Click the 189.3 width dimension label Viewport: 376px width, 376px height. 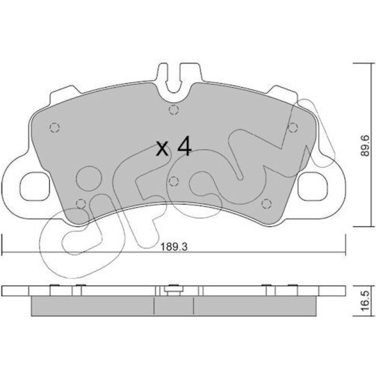point(173,247)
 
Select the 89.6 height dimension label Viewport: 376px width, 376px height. point(365,146)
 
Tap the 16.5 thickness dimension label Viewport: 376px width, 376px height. point(365,301)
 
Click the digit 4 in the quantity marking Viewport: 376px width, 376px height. point(184,146)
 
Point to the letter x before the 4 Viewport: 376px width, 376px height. point(162,149)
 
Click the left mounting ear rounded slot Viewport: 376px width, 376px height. point(35,186)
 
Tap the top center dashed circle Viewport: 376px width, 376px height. point(173,110)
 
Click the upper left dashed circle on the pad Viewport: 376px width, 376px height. point(54,127)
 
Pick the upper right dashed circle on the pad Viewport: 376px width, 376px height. point(293,127)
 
